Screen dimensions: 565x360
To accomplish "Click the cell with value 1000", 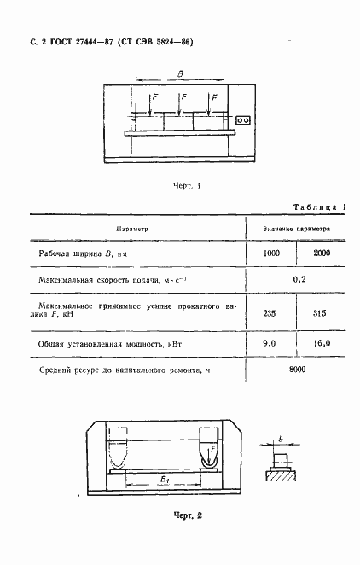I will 270,254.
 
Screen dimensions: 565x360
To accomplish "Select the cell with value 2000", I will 321,254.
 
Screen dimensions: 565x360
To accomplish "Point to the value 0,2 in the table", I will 299,280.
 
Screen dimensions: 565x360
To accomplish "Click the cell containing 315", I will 322,312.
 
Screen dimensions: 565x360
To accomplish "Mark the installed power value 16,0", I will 322,342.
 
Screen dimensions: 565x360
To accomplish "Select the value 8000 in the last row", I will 298,369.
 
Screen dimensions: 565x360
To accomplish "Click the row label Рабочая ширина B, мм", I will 89,254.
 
